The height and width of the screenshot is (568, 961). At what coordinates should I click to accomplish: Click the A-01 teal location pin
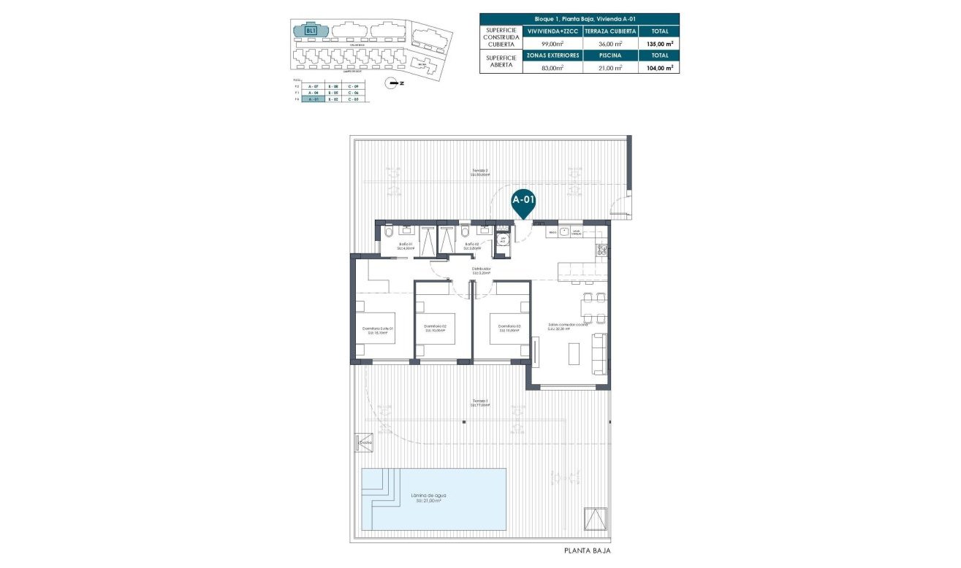coord(523,201)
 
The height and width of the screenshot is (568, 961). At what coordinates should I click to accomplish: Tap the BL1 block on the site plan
coord(311,31)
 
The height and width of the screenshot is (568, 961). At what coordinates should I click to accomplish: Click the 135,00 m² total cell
coord(659,43)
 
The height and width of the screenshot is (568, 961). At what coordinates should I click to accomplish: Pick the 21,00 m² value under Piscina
coord(610,67)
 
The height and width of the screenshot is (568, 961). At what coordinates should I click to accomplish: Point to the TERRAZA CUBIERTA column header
coord(611,31)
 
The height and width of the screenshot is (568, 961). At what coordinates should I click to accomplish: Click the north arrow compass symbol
coord(395,83)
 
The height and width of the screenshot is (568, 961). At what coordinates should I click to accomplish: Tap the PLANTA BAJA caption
coord(587,552)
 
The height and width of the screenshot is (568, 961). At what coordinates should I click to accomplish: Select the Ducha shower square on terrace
coord(364,442)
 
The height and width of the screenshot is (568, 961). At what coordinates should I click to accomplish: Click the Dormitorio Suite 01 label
coord(378,330)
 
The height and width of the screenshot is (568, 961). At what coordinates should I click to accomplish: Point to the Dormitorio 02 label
coord(435,327)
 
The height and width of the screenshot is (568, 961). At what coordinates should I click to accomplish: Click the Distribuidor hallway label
coord(481,270)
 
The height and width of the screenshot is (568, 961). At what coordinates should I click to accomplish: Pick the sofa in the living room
coord(599,353)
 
